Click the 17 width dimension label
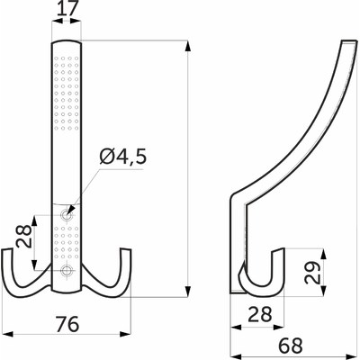tap(67, 9)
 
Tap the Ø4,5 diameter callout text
tap(123, 157)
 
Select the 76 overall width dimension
tap(67, 324)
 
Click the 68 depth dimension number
tap(291, 345)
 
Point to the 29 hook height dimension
tap(312, 273)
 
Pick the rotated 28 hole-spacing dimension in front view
tap(24, 237)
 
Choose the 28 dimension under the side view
tap(260, 314)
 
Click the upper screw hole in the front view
tap(66, 215)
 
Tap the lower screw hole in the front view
tap(66, 270)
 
